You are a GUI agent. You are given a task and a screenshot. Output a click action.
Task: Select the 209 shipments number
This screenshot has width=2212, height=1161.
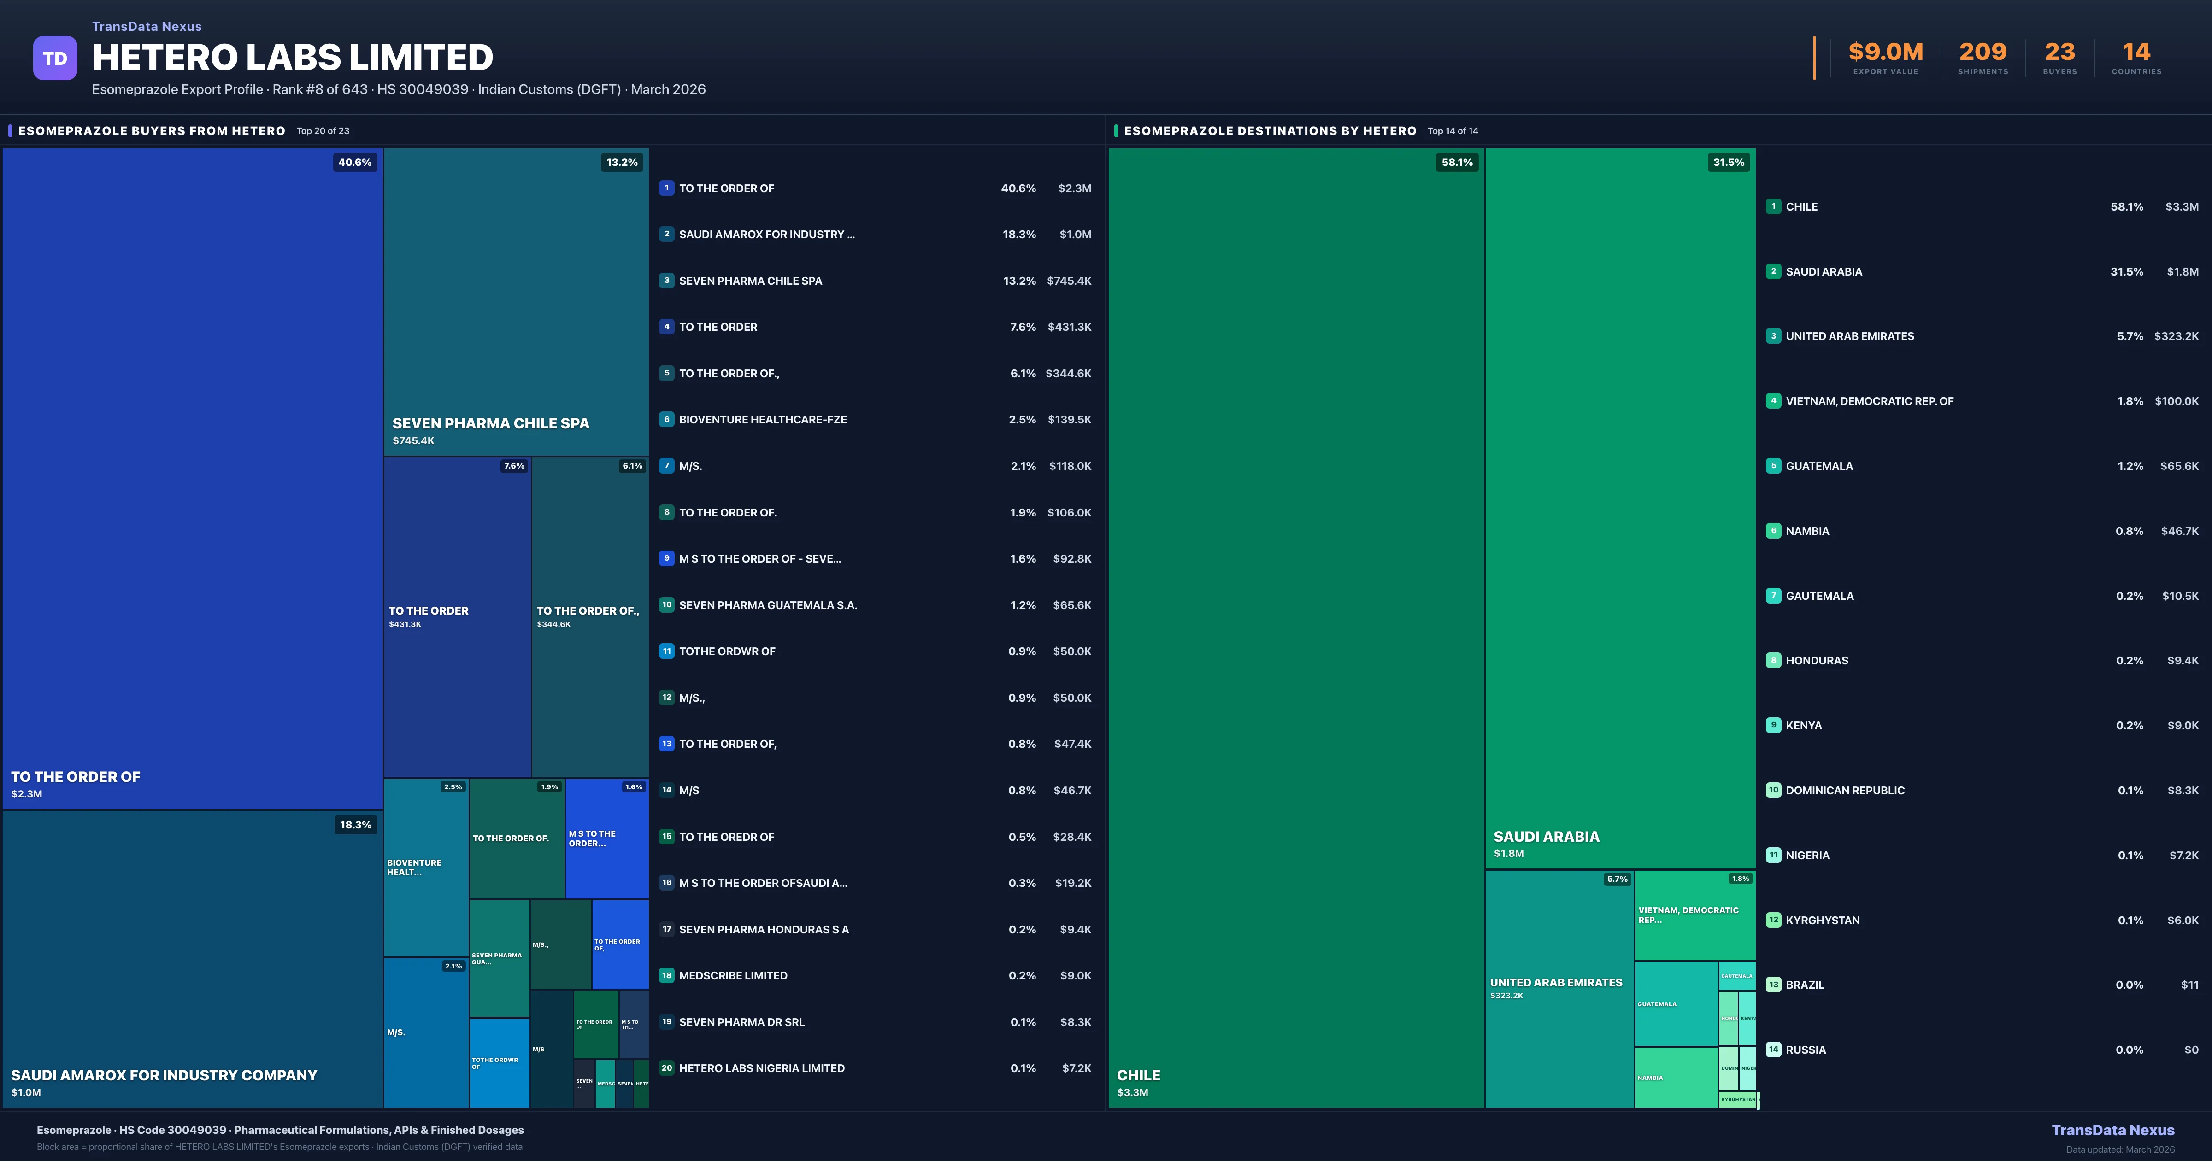pos(1983,53)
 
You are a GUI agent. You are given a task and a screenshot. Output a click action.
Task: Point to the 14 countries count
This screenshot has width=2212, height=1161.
pos(2136,53)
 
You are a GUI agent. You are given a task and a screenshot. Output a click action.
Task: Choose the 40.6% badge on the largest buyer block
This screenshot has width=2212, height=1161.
pos(355,162)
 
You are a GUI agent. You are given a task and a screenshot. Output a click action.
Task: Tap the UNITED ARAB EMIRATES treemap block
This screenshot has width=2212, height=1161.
pos(1559,987)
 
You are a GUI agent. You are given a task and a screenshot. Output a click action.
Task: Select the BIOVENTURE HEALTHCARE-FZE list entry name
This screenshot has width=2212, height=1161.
pos(763,420)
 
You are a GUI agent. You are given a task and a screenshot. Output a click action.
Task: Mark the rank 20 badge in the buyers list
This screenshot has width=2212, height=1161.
pos(666,1068)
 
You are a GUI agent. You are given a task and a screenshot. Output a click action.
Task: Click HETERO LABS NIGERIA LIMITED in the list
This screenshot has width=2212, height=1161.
pos(762,1068)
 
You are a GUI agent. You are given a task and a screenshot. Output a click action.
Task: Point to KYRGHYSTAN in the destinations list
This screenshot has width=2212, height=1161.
pos(1822,921)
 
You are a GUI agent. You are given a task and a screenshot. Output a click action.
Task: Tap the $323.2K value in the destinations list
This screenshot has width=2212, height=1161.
pos(2176,337)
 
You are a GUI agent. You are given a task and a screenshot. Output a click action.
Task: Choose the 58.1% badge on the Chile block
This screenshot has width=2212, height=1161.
pos(1456,162)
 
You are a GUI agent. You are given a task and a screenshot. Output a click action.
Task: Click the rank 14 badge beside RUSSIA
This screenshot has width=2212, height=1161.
pos(1773,1050)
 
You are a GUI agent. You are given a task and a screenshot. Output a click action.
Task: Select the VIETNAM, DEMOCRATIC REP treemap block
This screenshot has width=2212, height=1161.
pos(1694,915)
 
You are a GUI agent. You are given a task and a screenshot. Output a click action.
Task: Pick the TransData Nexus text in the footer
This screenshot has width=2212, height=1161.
pos(2112,1130)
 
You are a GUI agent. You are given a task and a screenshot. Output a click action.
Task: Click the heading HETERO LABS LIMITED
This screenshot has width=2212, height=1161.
pos(292,58)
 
